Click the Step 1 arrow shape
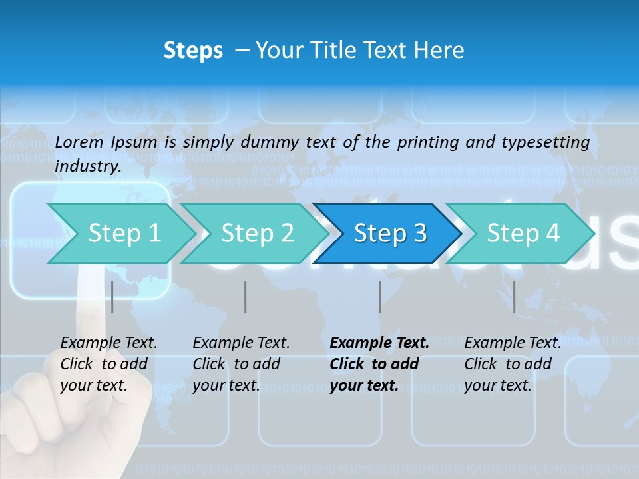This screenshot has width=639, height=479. click(x=123, y=234)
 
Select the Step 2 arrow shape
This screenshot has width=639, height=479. click(x=256, y=234)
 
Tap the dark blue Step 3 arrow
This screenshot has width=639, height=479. click(x=389, y=234)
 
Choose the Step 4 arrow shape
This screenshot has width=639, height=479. click(x=523, y=234)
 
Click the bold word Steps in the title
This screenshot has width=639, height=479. click(x=193, y=51)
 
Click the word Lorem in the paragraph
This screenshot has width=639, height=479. click(x=79, y=142)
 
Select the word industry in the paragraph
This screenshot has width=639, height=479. click(x=87, y=166)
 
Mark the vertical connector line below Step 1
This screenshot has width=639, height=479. click(x=112, y=297)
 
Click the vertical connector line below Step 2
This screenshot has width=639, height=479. click(x=246, y=297)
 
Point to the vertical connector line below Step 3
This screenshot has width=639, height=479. click(x=380, y=297)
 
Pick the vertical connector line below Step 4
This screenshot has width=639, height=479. click(x=514, y=297)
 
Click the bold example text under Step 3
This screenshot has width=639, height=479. click(x=379, y=364)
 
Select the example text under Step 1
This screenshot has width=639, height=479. click(x=108, y=364)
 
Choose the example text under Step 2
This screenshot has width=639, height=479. click(x=241, y=364)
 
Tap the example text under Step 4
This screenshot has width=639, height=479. click(x=513, y=364)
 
